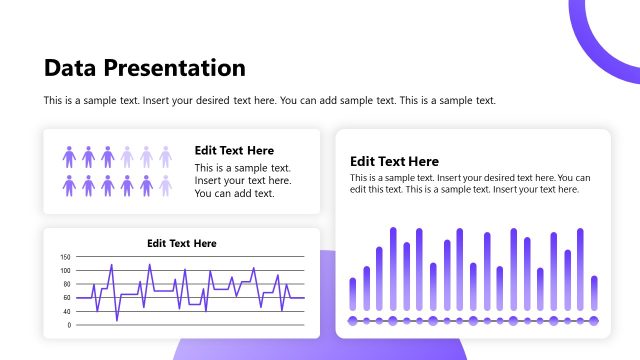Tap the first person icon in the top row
70,156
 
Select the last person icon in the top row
165,156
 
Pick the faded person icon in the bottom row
165,185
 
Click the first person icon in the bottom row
70,185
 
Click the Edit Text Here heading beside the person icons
234,150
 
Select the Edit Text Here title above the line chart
181,243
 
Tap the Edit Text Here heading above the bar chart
394,161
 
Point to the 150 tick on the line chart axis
65,257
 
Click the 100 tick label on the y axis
65,270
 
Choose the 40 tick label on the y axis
66,311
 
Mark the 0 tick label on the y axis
68,325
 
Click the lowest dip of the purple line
116,320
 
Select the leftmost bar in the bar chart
352,294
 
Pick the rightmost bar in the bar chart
594,293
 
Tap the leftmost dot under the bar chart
352,321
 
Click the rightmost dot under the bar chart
594,321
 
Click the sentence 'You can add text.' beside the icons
234,193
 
